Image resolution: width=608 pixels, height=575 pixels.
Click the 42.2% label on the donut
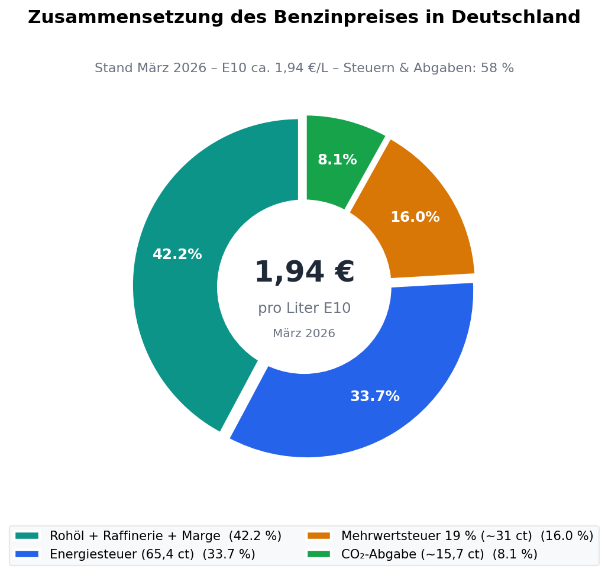[177, 255]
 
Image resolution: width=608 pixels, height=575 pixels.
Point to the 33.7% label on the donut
[375, 397]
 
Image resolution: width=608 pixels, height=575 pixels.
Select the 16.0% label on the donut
[415, 218]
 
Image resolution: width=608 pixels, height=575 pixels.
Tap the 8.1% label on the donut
[337, 160]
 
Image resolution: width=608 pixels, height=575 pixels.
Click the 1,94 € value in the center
[304, 273]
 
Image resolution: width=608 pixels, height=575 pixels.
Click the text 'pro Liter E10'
[304, 308]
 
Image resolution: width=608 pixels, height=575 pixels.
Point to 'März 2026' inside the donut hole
[304, 334]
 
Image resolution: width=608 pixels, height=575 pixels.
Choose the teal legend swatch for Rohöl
[27, 536]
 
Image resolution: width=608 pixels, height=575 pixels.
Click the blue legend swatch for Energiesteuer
[27, 554]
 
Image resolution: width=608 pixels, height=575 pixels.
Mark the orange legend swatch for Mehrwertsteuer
[318, 536]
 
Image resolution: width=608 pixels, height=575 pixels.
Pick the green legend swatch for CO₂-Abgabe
[318, 554]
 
